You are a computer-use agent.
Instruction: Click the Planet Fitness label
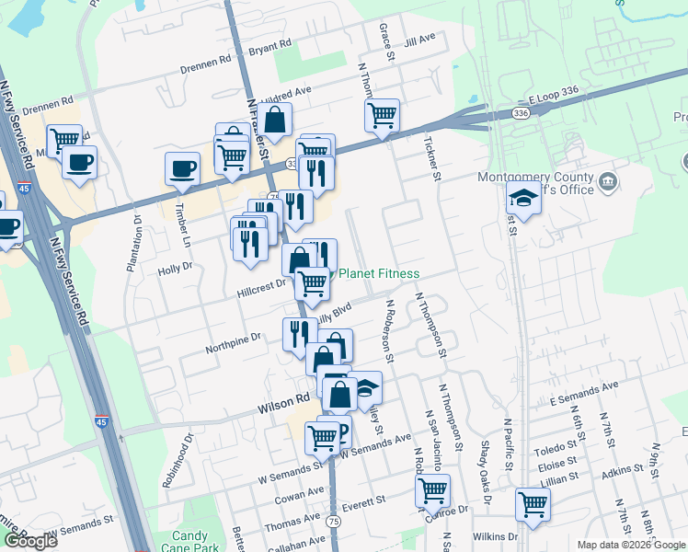[x=380, y=273]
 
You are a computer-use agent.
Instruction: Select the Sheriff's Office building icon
[x=608, y=182]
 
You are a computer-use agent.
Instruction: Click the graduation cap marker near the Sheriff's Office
[x=523, y=198]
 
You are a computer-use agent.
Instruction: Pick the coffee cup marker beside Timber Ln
[x=182, y=168]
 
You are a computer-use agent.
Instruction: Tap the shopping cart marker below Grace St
[x=382, y=116]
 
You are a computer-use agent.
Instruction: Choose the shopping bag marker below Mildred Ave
[x=274, y=120]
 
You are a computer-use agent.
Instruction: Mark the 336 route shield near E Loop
[x=522, y=112]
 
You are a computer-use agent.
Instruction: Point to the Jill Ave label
[x=419, y=39]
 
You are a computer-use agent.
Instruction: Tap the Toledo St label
[x=557, y=448]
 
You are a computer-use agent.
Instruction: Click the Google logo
[x=30, y=541]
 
